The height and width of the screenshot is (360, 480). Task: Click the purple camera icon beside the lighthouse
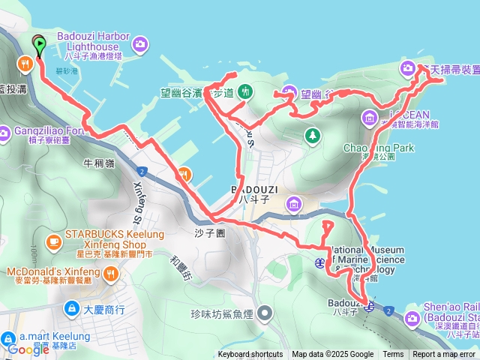coord(139,46)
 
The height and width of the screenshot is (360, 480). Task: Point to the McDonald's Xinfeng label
coord(55,271)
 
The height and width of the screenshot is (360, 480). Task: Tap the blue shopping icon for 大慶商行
coord(71,307)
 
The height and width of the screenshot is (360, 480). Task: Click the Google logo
coord(28,349)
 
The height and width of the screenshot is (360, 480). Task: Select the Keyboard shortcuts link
coord(250,355)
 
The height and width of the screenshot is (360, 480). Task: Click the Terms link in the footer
coord(393,355)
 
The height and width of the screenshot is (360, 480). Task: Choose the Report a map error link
coord(445,355)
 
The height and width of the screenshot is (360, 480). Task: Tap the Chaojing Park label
coord(379,148)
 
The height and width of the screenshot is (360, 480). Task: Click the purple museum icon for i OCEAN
coord(370,118)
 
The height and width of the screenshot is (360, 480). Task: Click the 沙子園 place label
coord(210,232)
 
